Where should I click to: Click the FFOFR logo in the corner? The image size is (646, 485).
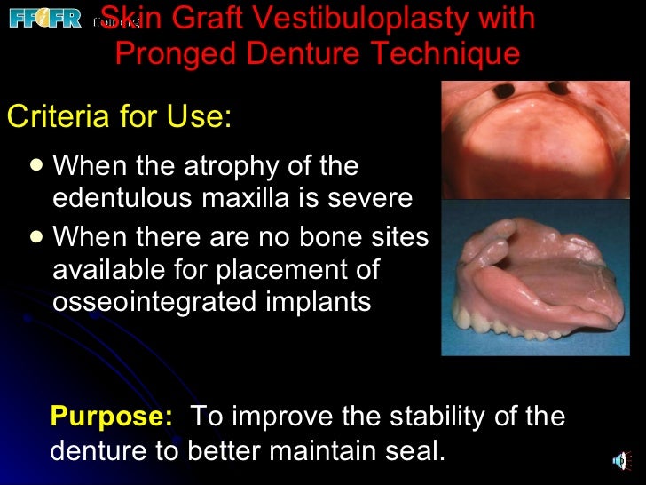tap(44, 18)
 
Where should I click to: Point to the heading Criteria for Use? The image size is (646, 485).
tap(119, 116)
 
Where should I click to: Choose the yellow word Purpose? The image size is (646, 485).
tap(112, 416)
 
